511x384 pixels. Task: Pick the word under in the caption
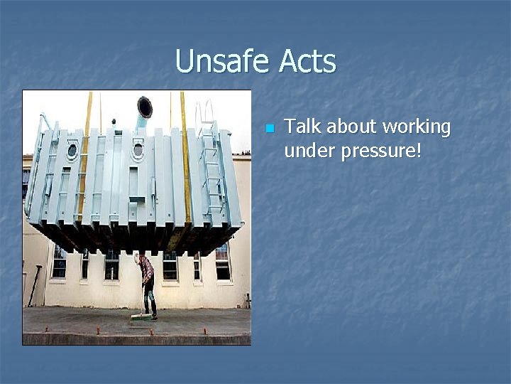pyautogui.click(x=308, y=151)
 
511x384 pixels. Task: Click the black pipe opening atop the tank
pyautogui.click(x=145, y=107)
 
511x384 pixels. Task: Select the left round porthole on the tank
pyautogui.click(x=72, y=151)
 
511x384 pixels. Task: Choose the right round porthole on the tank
pyautogui.click(x=137, y=150)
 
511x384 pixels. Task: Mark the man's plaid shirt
pyautogui.click(x=145, y=268)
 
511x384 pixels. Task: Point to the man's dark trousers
pyautogui.click(x=149, y=295)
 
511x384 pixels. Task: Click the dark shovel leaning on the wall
pyautogui.click(x=33, y=284)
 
